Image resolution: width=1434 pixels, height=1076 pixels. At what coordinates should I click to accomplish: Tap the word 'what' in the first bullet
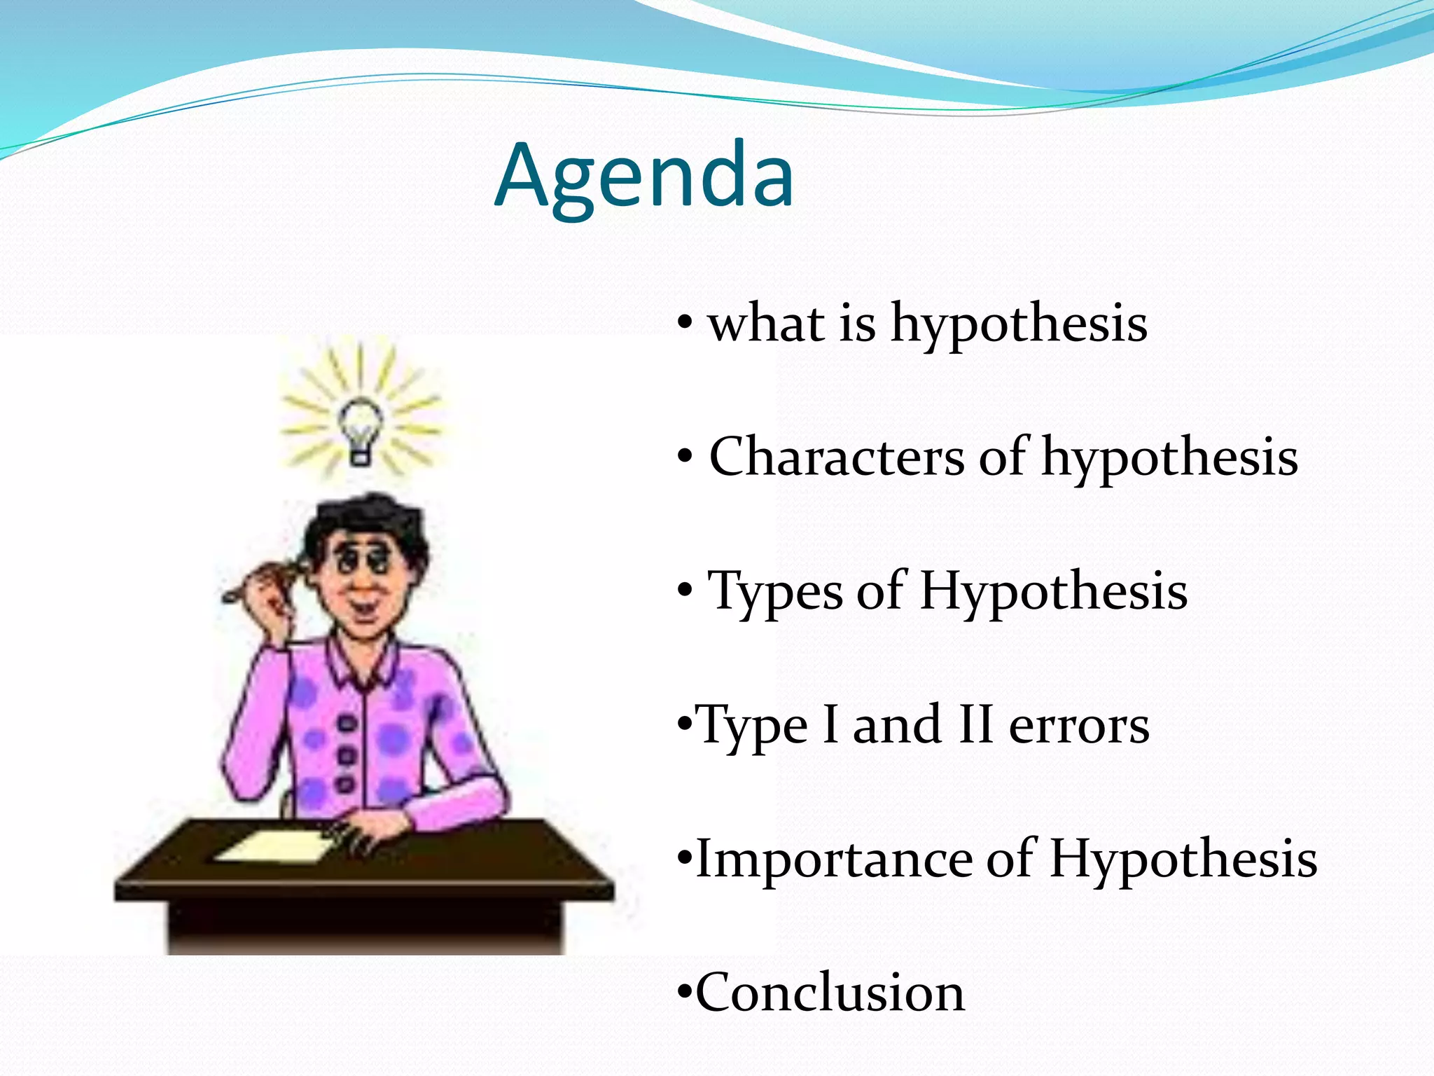766,324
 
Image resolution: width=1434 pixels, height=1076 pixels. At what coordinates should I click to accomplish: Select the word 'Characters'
837,457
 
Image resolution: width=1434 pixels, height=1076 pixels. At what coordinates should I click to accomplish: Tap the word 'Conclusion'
830,993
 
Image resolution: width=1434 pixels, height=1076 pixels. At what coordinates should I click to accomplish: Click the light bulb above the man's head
361,429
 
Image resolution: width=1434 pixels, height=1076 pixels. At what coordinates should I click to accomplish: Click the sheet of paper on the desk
277,846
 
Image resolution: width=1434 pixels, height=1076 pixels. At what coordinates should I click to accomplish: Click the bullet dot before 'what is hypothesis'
685,324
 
